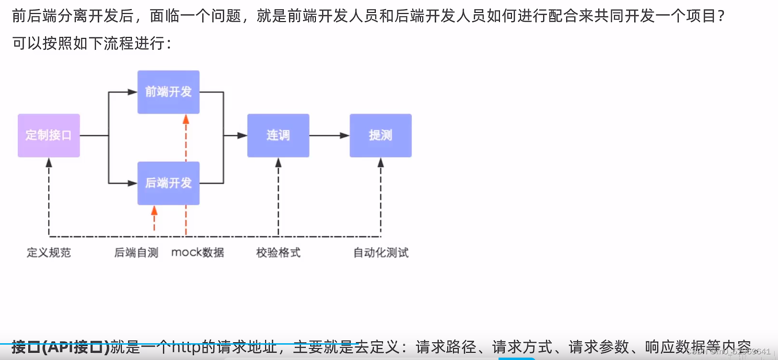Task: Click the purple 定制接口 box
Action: click(48, 135)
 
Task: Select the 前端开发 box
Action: click(168, 92)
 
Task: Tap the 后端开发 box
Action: click(168, 183)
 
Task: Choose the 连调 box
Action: click(278, 135)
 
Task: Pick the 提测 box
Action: click(381, 135)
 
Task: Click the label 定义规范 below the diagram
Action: click(48, 253)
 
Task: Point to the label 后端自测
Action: click(136, 253)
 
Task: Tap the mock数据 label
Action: click(197, 253)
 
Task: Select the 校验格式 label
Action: click(278, 253)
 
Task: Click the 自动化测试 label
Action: click(381, 253)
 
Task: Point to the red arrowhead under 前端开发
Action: click(186, 119)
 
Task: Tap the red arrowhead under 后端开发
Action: click(154, 211)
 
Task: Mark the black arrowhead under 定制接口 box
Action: click(49, 163)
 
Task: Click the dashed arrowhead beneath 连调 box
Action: click(279, 163)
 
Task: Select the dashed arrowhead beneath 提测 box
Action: click(381, 163)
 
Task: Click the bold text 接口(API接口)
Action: click(60, 347)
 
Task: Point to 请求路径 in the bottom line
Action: click(446, 347)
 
